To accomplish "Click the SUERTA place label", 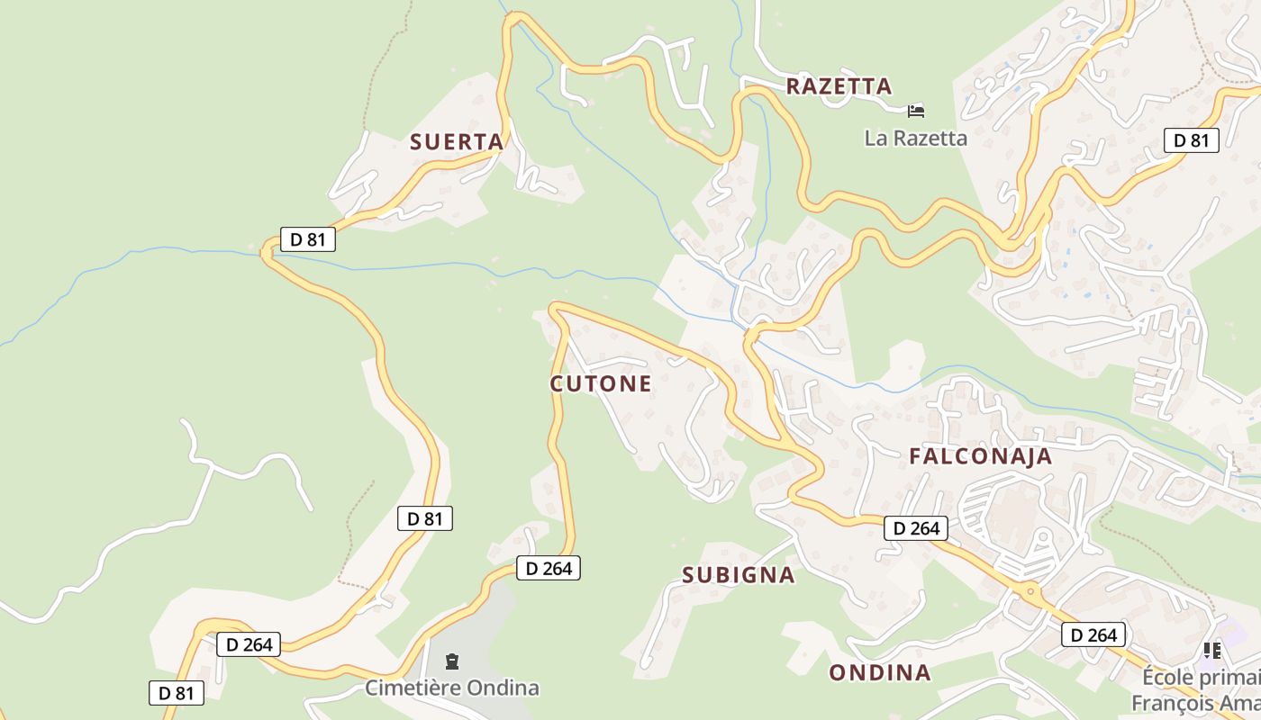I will pyautogui.click(x=457, y=142).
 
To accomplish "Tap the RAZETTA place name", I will pyautogui.click(x=839, y=86).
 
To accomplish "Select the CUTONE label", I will pyautogui.click(x=601, y=384).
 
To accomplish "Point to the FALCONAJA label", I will pyautogui.click(x=981, y=456).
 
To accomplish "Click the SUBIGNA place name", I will pyautogui.click(x=739, y=575).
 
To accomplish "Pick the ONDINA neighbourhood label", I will pyautogui.click(x=880, y=673).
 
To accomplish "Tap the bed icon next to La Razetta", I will pyautogui.click(x=916, y=112).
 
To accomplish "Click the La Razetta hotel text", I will pyautogui.click(x=915, y=139).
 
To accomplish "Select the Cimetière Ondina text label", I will pyautogui.click(x=452, y=688).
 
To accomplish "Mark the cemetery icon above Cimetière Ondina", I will pyautogui.click(x=452, y=662).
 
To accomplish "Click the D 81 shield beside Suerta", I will pyautogui.click(x=308, y=239).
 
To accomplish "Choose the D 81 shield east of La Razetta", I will pyautogui.click(x=1192, y=140).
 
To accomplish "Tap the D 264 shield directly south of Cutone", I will pyautogui.click(x=549, y=568).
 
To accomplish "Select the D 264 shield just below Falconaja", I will pyautogui.click(x=916, y=528).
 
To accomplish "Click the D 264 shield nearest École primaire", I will pyautogui.click(x=1094, y=635).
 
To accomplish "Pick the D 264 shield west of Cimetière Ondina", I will pyautogui.click(x=249, y=644).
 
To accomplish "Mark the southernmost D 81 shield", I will pyautogui.click(x=177, y=693).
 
